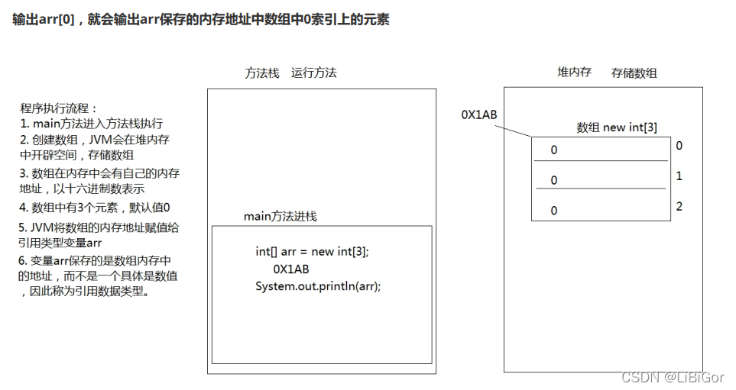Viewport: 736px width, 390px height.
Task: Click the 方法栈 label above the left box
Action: point(262,73)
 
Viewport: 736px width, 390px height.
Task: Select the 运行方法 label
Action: point(314,73)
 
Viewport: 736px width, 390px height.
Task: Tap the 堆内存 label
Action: point(574,73)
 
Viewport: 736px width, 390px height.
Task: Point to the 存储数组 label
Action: point(634,73)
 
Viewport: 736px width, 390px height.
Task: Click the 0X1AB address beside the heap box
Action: point(479,114)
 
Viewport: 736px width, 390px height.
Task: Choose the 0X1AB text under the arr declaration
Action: point(291,269)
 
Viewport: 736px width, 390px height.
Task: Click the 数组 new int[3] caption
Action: point(616,127)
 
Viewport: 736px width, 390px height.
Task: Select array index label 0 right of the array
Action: point(679,145)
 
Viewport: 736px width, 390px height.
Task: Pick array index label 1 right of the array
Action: point(679,176)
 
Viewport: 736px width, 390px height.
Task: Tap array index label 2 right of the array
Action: point(679,206)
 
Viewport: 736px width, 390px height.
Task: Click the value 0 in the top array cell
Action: point(554,150)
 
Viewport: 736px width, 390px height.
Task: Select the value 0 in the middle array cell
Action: point(554,180)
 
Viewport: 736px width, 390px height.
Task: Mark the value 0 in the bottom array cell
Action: point(554,210)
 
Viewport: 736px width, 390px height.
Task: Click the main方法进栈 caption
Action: point(280,216)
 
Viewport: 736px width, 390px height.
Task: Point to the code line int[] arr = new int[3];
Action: point(317,252)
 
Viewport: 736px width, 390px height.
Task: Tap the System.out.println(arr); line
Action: point(318,285)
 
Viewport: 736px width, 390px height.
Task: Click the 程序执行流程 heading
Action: point(60,108)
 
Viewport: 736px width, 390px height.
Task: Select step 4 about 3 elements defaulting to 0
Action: point(96,208)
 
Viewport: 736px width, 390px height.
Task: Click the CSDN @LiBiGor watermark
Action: point(673,377)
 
